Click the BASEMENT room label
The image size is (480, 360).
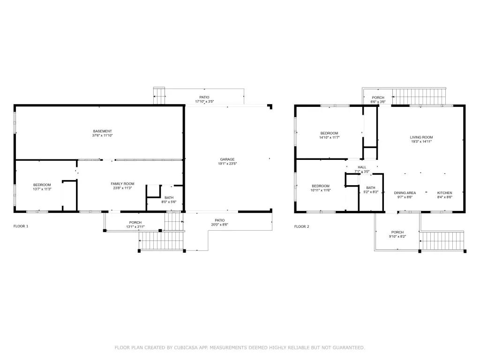tap(102, 131)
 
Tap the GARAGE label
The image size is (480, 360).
tap(227, 159)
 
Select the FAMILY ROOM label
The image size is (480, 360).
tap(122, 184)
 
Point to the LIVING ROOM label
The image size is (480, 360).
tap(421, 137)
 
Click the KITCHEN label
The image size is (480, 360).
tap(444, 193)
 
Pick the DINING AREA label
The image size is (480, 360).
tap(405, 193)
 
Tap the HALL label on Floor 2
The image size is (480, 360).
tap(362, 167)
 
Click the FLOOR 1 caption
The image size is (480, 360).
tap(21, 226)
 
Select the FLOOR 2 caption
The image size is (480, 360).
tap(301, 226)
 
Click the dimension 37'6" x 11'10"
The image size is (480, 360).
tap(102, 135)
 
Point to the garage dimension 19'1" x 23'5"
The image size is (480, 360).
tap(227, 164)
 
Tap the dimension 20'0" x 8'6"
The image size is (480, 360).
tap(219, 225)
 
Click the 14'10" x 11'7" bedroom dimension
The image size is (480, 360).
tap(329, 137)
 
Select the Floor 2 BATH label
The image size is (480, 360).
tap(371, 187)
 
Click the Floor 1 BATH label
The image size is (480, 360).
tap(169, 198)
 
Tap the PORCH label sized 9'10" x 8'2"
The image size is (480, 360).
tap(397, 232)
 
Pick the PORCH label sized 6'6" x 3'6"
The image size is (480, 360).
tap(378, 97)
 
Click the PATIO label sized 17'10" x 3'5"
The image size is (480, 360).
tap(204, 97)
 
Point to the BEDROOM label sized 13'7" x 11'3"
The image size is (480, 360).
tap(42, 185)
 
